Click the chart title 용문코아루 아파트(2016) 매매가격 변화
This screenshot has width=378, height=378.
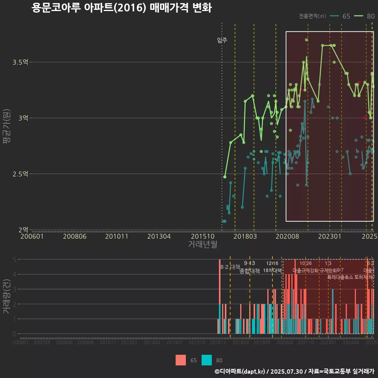point(122,8)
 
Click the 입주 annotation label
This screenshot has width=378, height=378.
point(222,40)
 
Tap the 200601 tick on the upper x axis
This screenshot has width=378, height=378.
point(32,236)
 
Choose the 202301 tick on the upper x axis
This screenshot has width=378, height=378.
point(330,236)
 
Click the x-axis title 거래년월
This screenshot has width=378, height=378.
point(202,245)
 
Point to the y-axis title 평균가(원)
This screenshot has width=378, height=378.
point(6,128)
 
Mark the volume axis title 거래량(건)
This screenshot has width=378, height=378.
point(6,296)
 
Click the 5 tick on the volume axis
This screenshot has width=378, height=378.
point(14,259)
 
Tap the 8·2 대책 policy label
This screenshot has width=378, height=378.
point(230,267)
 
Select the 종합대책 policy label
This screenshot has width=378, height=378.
point(250,271)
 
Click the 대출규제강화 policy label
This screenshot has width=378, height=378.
point(306,271)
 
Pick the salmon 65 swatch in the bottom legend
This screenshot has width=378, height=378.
point(181,360)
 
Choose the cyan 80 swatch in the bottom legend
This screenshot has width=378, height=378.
point(207,360)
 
